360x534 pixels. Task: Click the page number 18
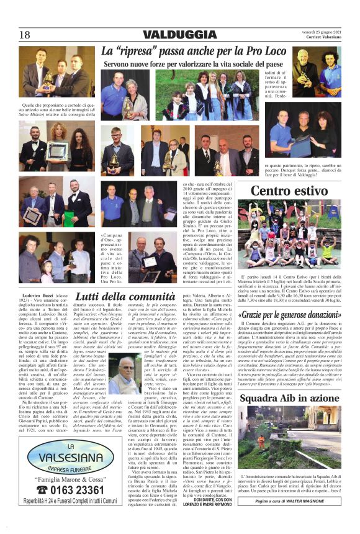[x=25, y=34]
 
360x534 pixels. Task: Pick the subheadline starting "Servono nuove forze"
[x=180, y=64]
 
